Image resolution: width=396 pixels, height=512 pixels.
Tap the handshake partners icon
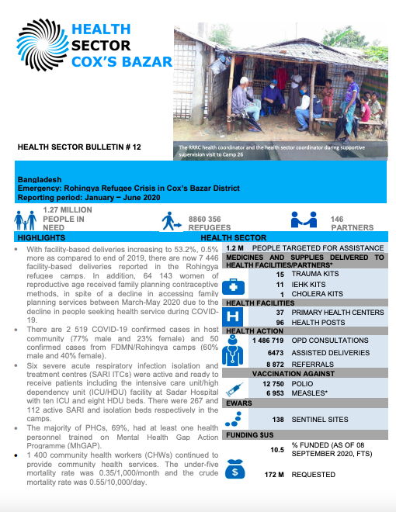point(303,222)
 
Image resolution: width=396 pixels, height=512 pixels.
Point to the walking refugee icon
point(170,223)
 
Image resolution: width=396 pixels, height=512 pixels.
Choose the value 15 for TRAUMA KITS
point(280,274)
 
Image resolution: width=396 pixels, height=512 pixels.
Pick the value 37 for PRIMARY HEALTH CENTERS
point(280,312)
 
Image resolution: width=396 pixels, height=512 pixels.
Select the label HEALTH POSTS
point(320,322)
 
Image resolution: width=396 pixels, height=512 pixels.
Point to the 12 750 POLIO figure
point(275,382)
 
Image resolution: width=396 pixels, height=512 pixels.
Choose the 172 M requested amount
point(276,473)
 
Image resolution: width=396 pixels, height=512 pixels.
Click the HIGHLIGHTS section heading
point(41,237)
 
